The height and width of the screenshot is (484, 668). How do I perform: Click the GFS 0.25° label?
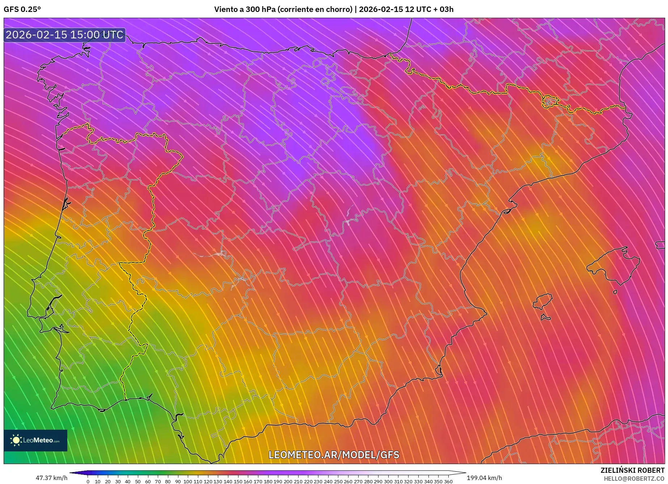point(22,9)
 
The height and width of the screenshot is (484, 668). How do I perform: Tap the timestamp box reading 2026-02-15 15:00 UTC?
point(64,35)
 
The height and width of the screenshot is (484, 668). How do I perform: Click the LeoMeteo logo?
point(35,440)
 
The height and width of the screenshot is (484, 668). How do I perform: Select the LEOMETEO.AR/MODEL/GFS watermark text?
point(334,455)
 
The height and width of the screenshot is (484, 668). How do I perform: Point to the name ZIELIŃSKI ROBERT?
point(632,470)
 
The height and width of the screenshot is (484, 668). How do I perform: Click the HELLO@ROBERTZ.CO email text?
point(634,479)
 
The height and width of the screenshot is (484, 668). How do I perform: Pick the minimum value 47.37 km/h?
point(51,478)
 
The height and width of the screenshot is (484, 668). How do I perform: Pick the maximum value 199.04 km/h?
point(484,478)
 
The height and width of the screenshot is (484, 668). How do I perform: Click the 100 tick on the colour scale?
point(187,481)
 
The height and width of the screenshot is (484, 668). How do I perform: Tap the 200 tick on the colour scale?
point(288,481)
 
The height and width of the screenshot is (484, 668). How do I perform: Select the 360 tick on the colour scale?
point(448,481)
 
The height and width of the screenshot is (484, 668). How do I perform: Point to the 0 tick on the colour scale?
point(88,481)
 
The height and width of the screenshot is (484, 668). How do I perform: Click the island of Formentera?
point(545,318)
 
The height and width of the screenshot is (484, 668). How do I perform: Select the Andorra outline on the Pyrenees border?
point(549,102)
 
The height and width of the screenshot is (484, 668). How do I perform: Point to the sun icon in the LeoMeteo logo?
point(16,440)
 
